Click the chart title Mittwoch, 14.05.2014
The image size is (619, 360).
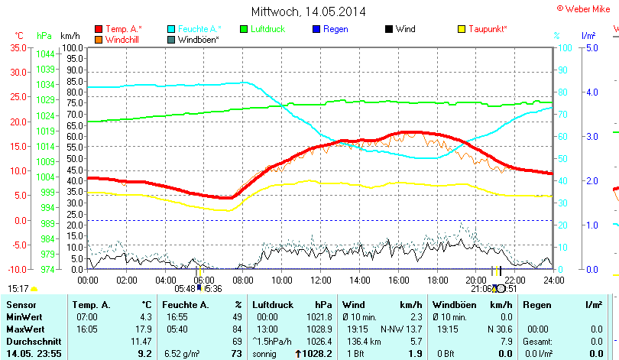pos(308,11)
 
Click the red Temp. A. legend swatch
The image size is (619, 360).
pos(99,29)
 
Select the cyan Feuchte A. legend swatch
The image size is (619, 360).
pos(171,29)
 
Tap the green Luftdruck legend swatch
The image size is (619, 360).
pos(245,29)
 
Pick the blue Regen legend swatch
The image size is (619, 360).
pos(317,29)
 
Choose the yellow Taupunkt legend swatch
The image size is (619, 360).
pos(461,29)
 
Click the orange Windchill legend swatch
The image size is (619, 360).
pos(99,39)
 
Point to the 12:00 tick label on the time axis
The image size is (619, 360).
pos(320,281)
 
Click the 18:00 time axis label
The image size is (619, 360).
pos(437,281)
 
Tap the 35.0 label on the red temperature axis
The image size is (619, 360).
pos(17,47)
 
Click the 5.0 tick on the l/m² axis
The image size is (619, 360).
pos(591,47)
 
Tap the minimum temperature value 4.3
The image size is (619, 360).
pos(144,316)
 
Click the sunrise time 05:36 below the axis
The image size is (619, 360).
pos(212,289)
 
